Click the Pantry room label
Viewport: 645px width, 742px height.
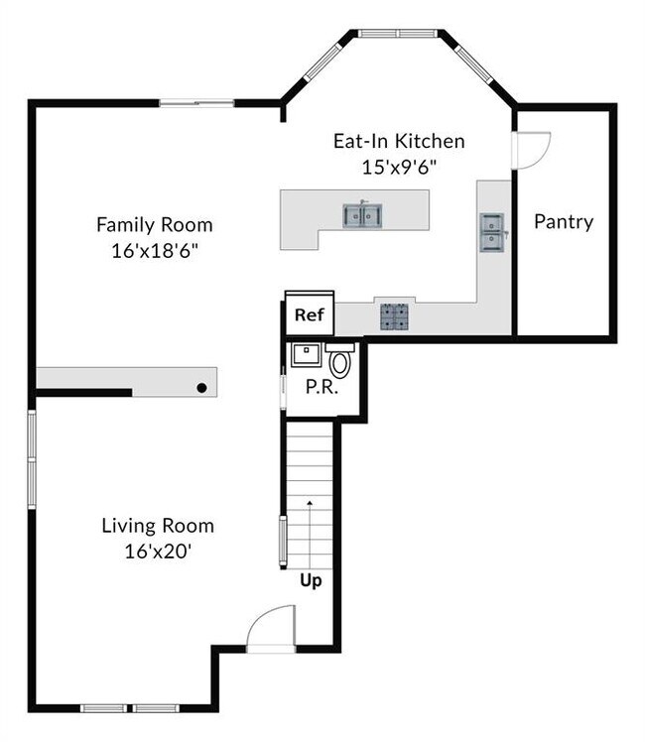pyautogui.click(x=564, y=221)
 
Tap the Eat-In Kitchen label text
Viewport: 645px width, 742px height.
pyautogui.click(x=398, y=141)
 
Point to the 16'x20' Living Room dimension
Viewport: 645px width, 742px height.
pyautogui.click(x=158, y=552)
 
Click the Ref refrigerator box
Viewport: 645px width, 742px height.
pyautogui.click(x=310, y=315)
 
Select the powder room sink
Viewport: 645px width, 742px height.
pyautogui.click(x=304, y=355)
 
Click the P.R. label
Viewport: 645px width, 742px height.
pyautogui.click(x=322, y=388)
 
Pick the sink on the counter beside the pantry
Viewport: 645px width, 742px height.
pyautogui.click(x=492, y=232)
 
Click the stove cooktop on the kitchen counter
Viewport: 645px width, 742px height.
pyautogui.click(x=393, y=316)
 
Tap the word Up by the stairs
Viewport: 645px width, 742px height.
pyautogui.click(x=311, y=581)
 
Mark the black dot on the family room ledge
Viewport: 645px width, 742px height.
pyautogui.click(x=201, y=388)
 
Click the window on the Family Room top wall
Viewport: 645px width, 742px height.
pyautogui.click(x=196, y=102)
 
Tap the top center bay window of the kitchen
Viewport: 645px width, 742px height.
pyautogui.click(x=397, y=34)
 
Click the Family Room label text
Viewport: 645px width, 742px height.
pyautogui.click(x=154, y=225)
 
